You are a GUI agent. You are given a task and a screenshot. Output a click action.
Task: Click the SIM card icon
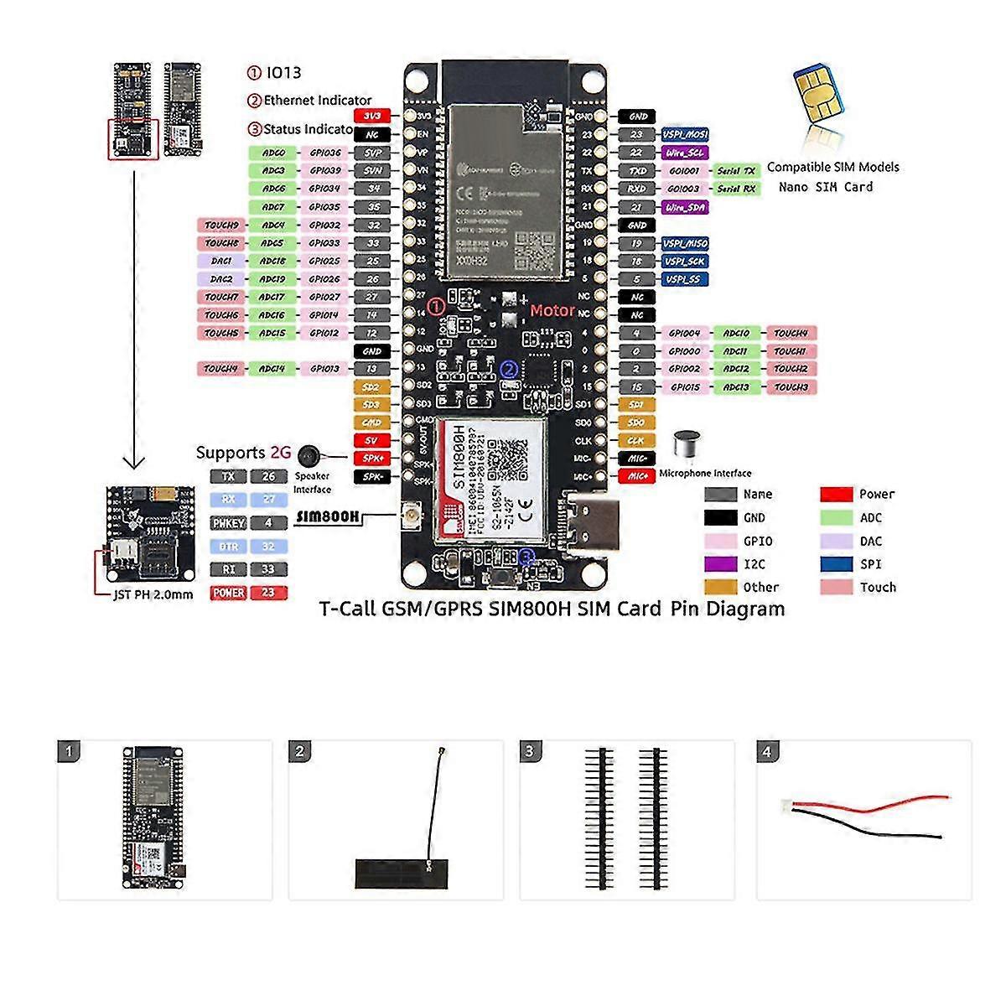coord(817,92)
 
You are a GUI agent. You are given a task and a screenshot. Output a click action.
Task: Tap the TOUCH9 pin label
coord(221,226)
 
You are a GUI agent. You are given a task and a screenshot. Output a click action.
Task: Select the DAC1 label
coord(221,262)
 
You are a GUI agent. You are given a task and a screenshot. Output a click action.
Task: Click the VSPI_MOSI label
coord(685,135)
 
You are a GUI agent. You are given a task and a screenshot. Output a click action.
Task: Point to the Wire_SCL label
coord(685,153)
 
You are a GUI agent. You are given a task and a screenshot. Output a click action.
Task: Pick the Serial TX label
coord(735,171)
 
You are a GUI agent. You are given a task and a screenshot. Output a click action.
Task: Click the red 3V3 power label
coord(372,117)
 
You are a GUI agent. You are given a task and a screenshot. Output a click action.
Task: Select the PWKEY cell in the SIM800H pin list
coord(228,523)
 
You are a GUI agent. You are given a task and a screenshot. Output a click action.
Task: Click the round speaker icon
coord(309,455)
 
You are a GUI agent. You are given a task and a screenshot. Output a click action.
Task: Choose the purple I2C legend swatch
coord(720,565)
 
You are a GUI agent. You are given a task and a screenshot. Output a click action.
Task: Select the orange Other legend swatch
coord(720,588)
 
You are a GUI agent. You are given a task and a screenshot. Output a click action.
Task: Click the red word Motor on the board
coord(552,311)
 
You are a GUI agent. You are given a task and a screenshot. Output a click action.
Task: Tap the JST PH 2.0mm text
coord(153,595)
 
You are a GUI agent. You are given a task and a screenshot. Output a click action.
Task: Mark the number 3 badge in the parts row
coord(529,751)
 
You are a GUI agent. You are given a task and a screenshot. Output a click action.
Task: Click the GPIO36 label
coord(324,153)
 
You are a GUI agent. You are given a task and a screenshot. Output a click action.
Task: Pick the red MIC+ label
coord(636,476)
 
